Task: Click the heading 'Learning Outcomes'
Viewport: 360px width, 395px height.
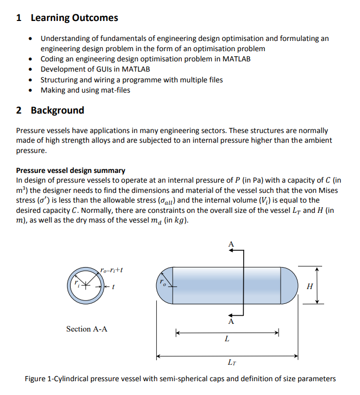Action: pyautogui.click(x=74, y=18)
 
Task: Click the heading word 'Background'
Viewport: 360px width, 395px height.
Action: pyautogui.click(x=57, y=111)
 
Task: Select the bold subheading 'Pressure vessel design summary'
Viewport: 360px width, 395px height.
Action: pyautogui.click(x=71, y=170)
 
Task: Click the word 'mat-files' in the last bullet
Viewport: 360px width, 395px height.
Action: pyautogui.click(x=114, y=90)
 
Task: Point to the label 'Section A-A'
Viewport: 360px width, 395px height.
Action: pyautogui.click(x=87, y=329)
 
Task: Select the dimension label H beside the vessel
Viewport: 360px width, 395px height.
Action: pyautogui.click(x=309, y=287)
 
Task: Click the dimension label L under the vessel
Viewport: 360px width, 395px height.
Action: pyautogui.click(x=227, y=339)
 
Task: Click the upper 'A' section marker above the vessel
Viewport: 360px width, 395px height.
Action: pyautogui.click(x=230, y=245)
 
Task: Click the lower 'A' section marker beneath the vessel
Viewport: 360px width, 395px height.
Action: pyautogui.click(x=230, y=322)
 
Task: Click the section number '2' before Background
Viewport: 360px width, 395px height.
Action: pyautogui.click(x=19, y=111)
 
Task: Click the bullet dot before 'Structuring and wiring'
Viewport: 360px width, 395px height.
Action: pyautogui.click(x=32, y=80)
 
